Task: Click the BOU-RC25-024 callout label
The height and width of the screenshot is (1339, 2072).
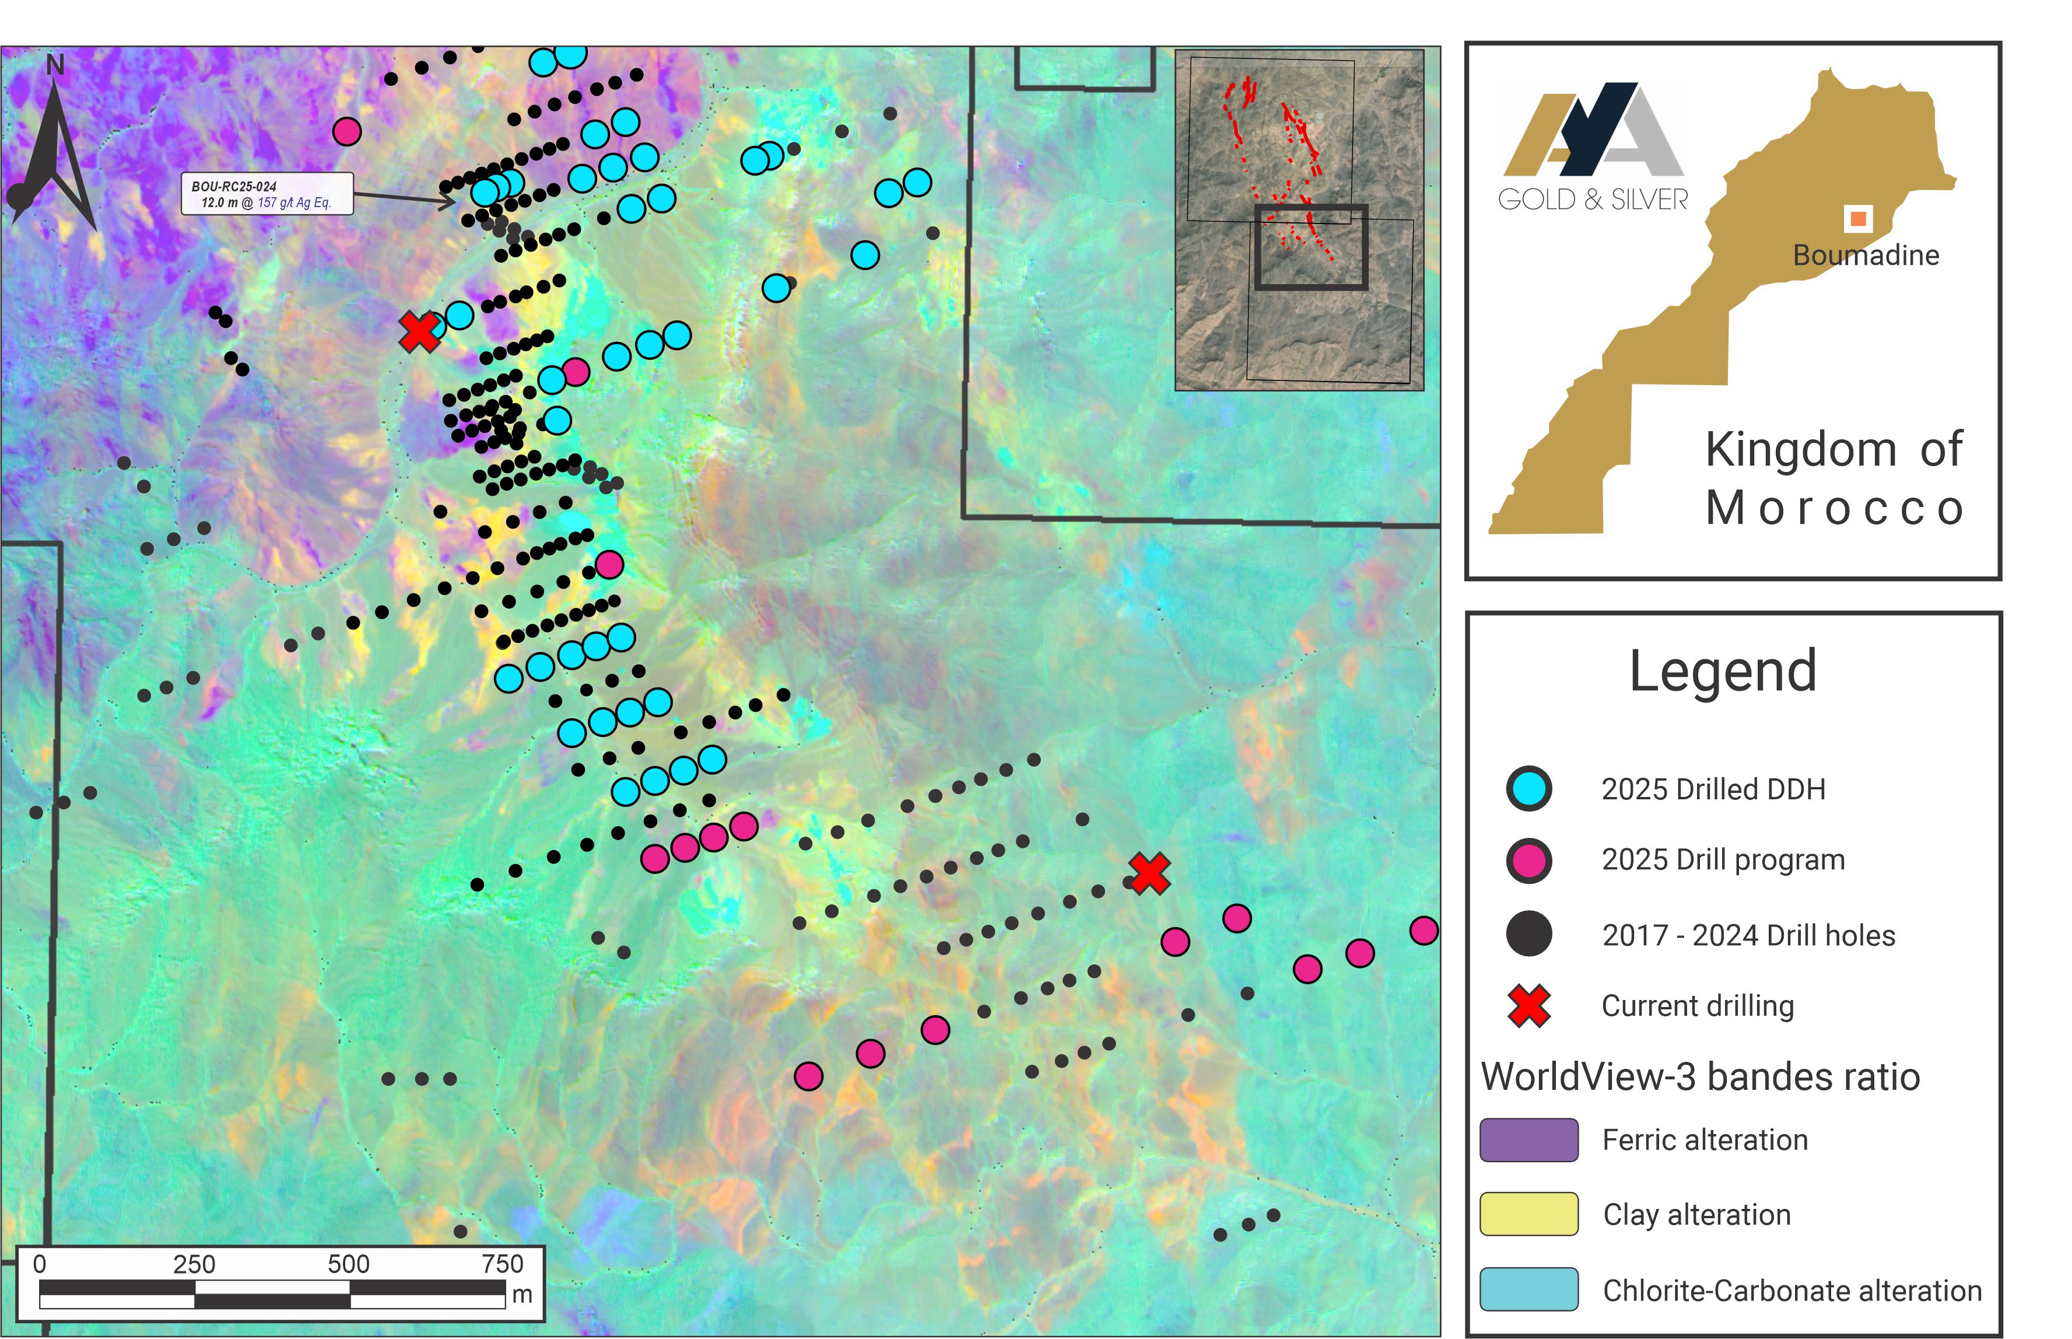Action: [x=267, y=194]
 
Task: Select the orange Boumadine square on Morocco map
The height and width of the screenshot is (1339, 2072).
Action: [x=1858, y=218]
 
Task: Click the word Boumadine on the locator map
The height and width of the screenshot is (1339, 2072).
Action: [x=1865, y=256]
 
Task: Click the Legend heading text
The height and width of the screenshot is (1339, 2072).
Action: [x=1723, y=671]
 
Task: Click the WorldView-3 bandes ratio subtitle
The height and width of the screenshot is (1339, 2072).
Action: [x=1700, y=1077]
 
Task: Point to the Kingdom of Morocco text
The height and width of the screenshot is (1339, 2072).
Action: [x=1834, y=478]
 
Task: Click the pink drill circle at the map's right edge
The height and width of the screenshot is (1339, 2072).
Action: [x=1424, y=931]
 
